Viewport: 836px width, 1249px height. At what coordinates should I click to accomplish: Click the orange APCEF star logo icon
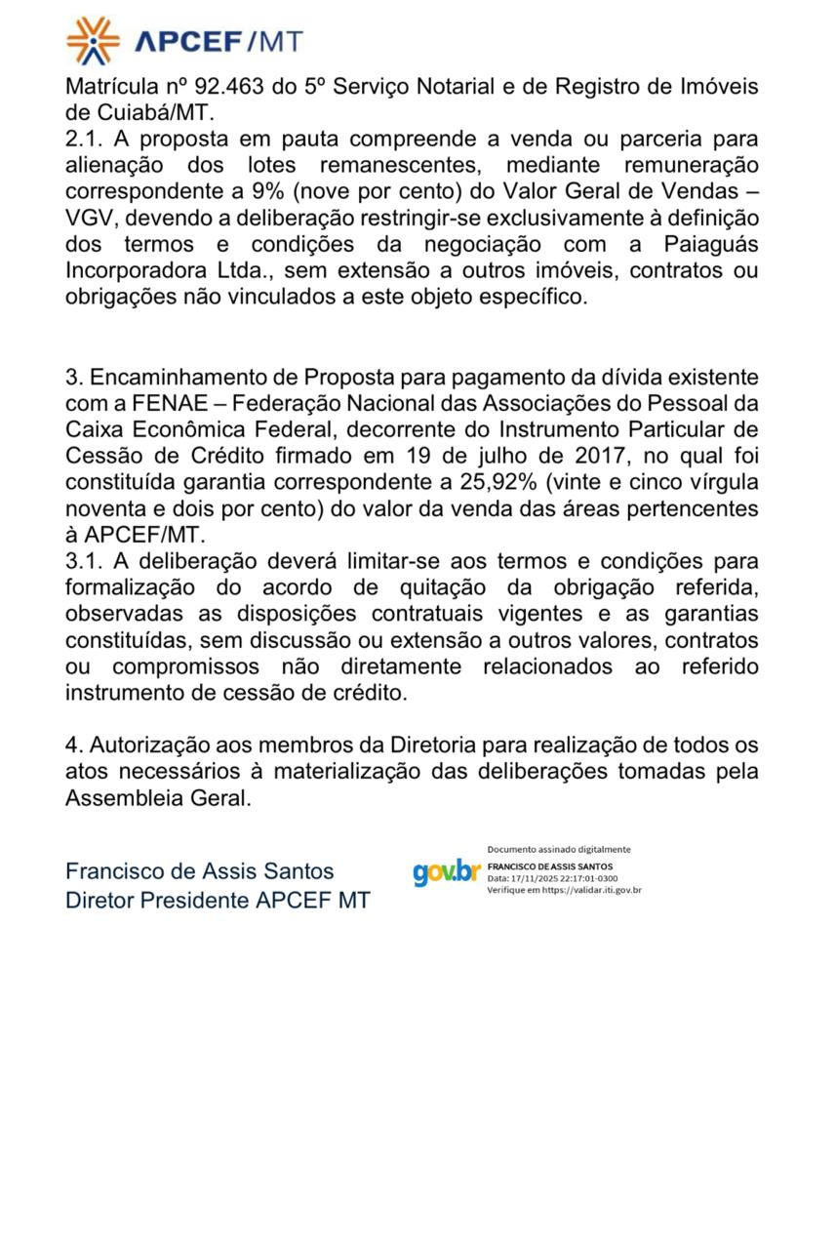(x=94, y=40)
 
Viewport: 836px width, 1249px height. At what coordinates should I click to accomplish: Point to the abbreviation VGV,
(x=94, y=219)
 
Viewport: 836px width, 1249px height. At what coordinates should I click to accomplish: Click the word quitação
(x=517, y=588)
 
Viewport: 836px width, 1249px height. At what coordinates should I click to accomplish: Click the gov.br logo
(x=446, y=871)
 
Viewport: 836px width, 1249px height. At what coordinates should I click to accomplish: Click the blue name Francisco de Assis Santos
(x=199, y=871)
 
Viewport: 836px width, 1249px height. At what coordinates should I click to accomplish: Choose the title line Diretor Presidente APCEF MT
(x=218, y=900)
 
